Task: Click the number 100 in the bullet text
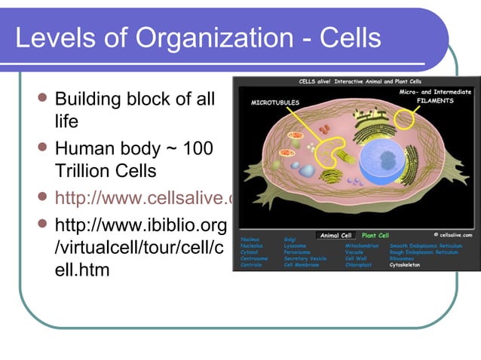[196, 148]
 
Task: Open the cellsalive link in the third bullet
[143, 198]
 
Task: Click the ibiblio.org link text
[140, 226]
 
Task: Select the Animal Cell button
[335, 236]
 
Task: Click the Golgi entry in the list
[291, 239]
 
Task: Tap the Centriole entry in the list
[251, 265]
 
